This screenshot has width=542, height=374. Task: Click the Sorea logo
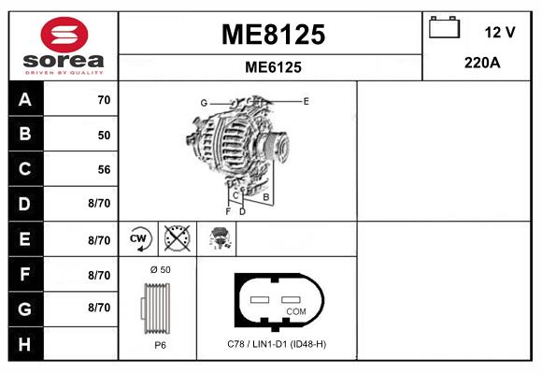tap(63, 47)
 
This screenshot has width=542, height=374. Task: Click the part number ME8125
tap(273, 35)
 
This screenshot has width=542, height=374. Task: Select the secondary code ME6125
tap(273, 67)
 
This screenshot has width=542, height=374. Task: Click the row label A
tap(24, 100)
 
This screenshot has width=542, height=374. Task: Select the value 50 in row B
tap(104, 135)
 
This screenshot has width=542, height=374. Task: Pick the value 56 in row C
tap(104, 170)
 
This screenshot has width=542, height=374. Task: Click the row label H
tap(24, 343)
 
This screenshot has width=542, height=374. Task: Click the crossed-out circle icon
tap(176, 238)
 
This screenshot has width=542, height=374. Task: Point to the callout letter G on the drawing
tap(203, 102)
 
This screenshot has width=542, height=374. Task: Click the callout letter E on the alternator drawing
tap(307, 100)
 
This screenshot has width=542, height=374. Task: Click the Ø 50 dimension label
tap(160, 270)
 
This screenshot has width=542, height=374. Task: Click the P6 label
tap(160, 344)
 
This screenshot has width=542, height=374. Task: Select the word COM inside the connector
tap(295, 310)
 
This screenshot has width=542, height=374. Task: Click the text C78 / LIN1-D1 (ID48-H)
tap(277, 344)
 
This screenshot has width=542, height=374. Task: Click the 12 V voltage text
tap(500, 32)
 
